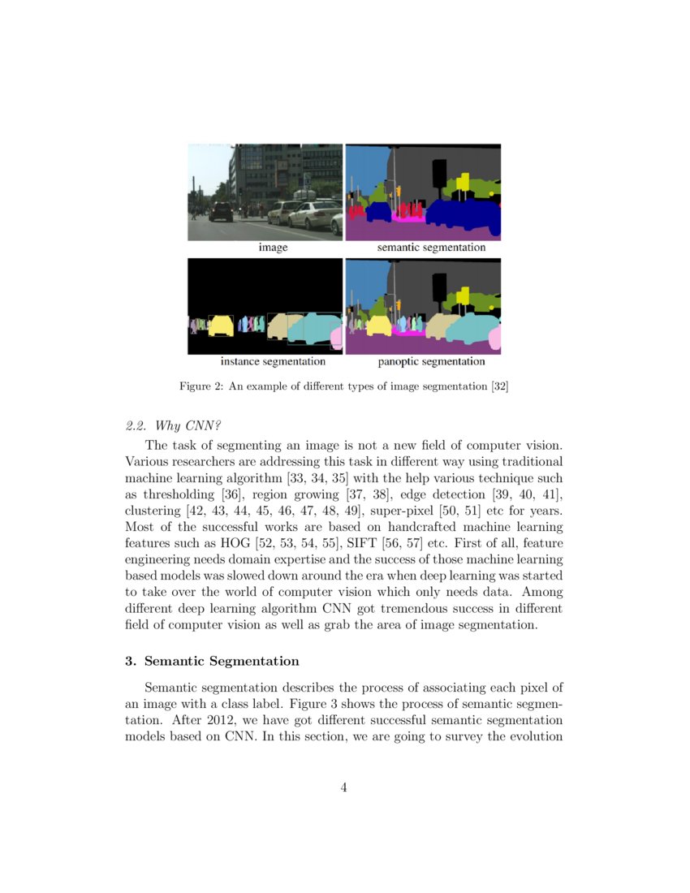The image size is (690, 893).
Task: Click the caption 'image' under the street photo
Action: tap(273, 247)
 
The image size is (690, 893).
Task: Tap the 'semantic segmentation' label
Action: tap(431, 247)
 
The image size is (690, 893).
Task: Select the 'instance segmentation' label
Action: tap(273, 361)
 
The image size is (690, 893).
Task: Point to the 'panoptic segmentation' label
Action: tap(431, 361)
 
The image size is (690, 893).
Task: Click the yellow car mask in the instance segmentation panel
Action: tap(221, 326)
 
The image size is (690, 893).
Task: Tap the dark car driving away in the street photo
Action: tap(221, 211)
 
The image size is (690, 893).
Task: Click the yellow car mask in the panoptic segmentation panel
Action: tap(379, 326)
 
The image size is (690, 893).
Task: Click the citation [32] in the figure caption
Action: tap(499, 386)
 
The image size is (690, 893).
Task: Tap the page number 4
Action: tap(344, 786)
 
